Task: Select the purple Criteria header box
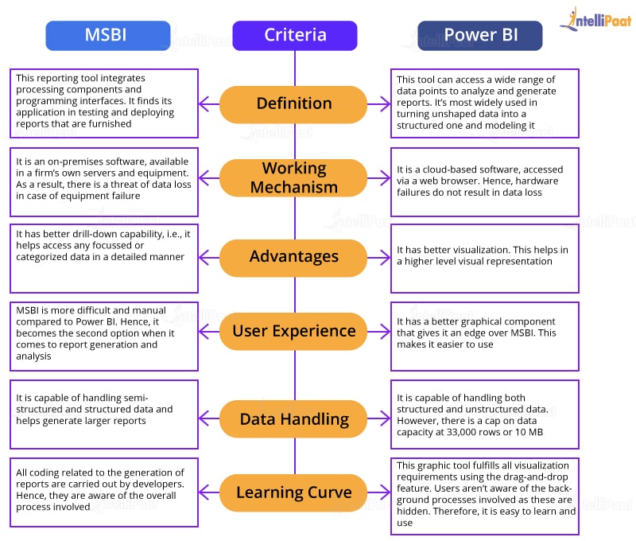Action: point(295,35)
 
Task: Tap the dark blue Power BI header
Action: point(480,35)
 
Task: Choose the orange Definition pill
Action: point(293,103)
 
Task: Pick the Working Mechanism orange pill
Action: point(293,178)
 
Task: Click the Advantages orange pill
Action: point(293,256)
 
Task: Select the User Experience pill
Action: point(293,331)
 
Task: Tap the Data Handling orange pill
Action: point(293,418)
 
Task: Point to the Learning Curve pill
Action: point(293,492)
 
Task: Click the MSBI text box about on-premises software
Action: point(104,182)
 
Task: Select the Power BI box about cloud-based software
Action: point(484,182)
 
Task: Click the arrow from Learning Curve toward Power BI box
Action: point(379,492)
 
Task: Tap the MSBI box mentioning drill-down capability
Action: point(104,258)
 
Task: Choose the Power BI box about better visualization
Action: point(484,258)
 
